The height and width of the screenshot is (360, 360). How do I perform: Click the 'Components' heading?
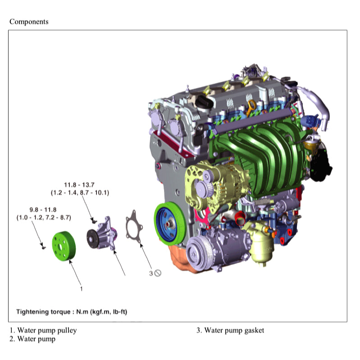[29, 22]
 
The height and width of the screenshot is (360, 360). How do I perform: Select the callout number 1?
[81, 288]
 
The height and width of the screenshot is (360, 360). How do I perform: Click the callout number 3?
[151, 273]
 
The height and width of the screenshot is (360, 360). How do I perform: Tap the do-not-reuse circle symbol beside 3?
[158, 273]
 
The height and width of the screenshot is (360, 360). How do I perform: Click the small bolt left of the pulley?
[43, 246]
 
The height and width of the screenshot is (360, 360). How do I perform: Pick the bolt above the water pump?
[94, 221]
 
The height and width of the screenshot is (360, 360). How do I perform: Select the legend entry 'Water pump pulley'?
[43, 330]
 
